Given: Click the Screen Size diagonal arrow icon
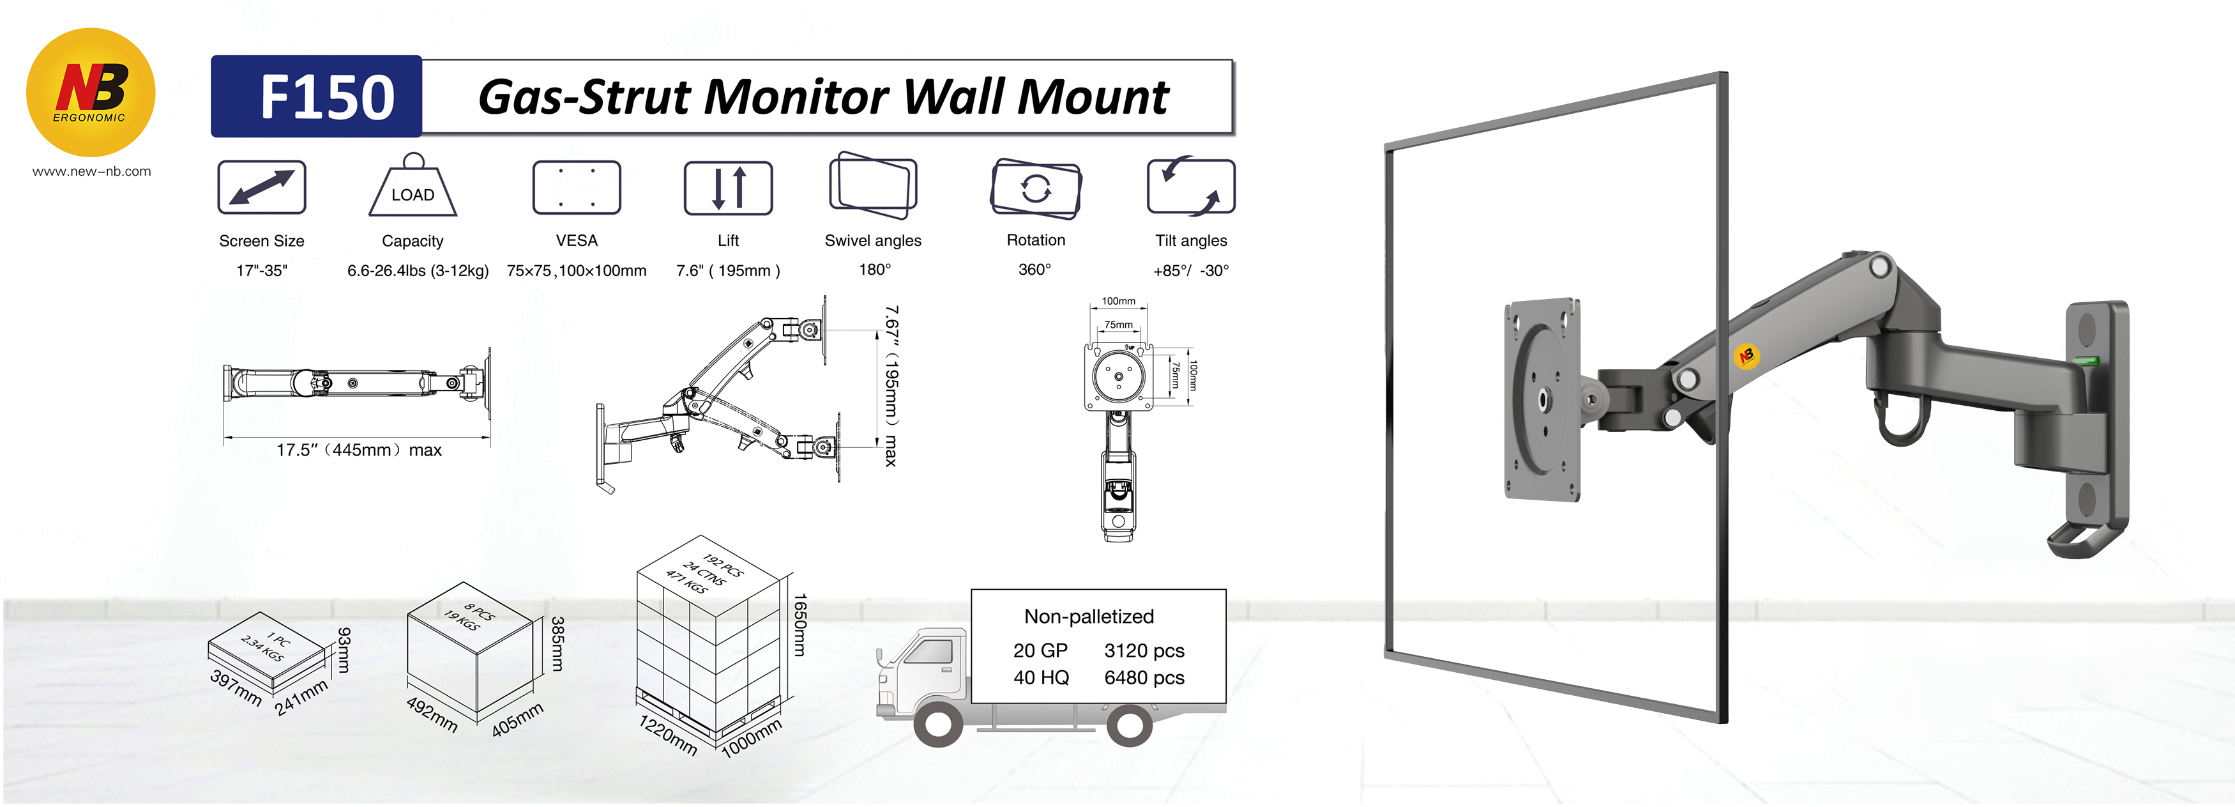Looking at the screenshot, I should [x=261, y=187].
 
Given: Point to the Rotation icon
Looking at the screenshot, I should [x=1035, y=187].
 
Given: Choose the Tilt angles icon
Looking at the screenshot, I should [x=1190, y=187].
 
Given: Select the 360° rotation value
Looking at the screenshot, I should [x=1034, y=270].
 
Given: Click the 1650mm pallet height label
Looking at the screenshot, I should [x=800, y=625].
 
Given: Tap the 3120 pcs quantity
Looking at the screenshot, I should [x=1144, y=651].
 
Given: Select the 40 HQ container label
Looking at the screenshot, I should [x=1040, y=678].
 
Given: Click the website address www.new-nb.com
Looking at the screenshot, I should [x=91, y=172].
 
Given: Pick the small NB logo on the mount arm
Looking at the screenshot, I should [x=1746, y=355].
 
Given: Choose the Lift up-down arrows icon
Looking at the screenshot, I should [x=728, y=187].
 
